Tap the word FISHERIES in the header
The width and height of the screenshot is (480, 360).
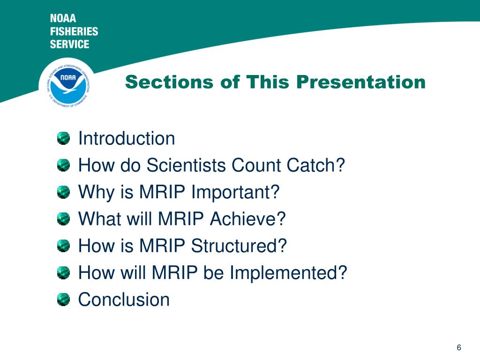(74, 31)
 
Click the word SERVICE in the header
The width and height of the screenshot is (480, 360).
(70, 44)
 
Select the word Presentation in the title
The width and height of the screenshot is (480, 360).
(361, 82)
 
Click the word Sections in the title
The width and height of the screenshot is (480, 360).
(169, 82)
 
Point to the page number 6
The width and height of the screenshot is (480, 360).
(459, 347)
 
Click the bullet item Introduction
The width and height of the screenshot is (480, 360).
(127, 138)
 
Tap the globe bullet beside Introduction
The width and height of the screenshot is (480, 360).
(63, 138)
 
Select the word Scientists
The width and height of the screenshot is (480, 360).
(186, 165)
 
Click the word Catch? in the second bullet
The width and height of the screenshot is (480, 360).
(315, 165)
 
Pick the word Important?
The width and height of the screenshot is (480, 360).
(235, 192)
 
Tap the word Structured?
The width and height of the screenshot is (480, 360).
(239, 246)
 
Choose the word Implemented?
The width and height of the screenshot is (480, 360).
(288, 272)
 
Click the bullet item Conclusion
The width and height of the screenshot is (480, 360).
(124, 300)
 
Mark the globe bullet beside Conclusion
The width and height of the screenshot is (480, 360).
(63, 300)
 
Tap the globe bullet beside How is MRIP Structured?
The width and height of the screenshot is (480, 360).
(63, 246)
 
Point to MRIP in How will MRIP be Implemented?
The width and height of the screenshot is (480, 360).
(175, 272)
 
